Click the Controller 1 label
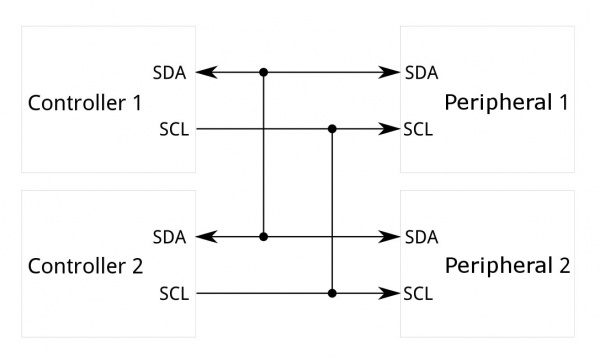[x=86, y=102]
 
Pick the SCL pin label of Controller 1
[x=174, y=129]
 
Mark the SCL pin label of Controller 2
[x=174, y=294]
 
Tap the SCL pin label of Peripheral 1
[x=418, y=129]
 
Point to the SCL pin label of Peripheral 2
[x=418, y=294]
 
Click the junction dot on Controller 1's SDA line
[x=264, y=72]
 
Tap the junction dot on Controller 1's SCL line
[x=332, y=129]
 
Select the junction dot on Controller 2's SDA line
[x=264, y=237]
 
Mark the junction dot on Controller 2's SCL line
[x=332, y=294]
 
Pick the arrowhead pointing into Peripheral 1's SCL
[x=392, y=129]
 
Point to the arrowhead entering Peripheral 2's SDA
[x=392, y=237]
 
